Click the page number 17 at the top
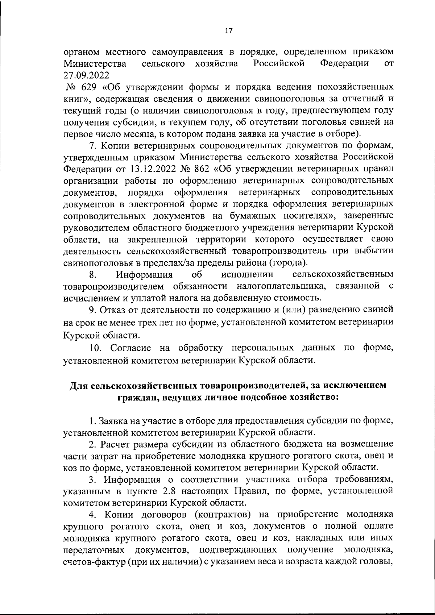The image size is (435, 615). (x=228, y=31)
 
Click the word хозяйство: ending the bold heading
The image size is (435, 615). (x=313, y=398)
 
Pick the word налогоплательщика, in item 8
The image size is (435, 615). (x=281, y=286)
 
